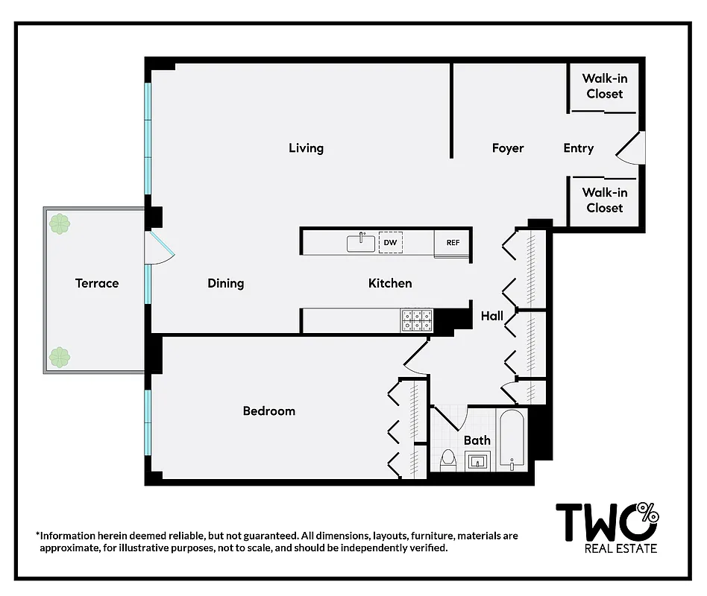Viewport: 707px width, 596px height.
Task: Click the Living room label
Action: (306, 148)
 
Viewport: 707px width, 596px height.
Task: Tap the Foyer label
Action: (508, 148)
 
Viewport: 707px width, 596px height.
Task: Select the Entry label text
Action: (578, 148)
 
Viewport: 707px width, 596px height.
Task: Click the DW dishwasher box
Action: (390, 243)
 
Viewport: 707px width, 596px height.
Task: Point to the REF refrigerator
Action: (453, 243)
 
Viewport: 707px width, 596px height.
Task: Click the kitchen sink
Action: (361, 243)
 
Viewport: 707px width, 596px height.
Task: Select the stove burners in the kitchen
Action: (418, 320)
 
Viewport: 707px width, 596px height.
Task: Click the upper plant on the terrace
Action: (59, 223)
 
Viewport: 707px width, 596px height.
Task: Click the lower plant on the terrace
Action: (59, 358)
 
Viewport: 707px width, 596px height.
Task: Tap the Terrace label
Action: (97, 283)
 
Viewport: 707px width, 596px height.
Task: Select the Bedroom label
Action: (269, 411)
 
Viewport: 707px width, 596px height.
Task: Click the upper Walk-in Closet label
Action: (604, 86)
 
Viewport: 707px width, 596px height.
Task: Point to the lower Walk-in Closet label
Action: (604, 200)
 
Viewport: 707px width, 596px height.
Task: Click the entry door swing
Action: (630, 148)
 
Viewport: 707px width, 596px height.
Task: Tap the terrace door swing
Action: (160, 247)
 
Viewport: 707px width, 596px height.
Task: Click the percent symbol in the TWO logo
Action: (649, 512)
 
